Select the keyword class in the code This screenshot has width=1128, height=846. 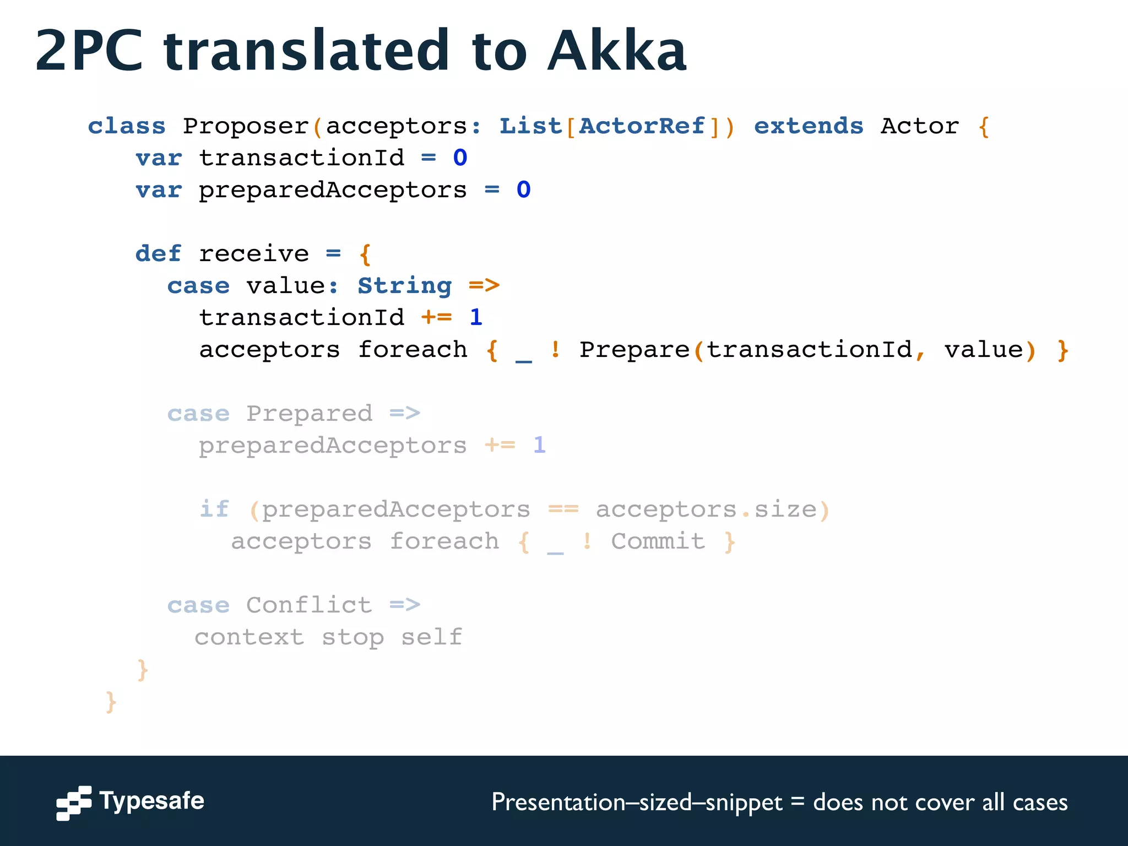point(127,126)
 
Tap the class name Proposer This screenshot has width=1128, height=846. point(246,126)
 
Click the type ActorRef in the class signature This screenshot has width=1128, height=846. point(642,126)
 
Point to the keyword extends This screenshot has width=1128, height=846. point(808,126)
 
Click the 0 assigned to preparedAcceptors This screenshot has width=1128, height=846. point(523,190)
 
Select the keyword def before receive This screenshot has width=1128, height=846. point(158,254)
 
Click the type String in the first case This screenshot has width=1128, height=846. point(405,286)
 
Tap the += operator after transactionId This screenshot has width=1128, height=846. point(436,318)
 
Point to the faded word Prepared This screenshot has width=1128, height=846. point(309,414)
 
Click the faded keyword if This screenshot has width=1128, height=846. point(214,509)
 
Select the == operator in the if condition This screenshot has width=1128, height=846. point(563,509)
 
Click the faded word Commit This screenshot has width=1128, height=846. point(658,541)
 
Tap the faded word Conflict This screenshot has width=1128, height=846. point(309,605)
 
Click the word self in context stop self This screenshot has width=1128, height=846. point(431,637)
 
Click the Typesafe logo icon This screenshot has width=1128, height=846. point(74,802)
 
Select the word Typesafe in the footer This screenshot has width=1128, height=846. point(151,801)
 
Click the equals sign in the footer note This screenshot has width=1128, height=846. point(798,801)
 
